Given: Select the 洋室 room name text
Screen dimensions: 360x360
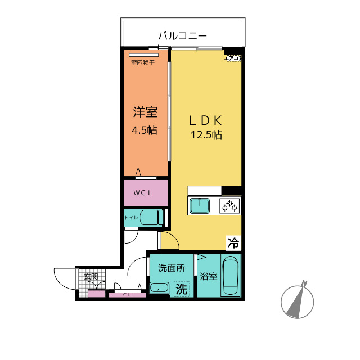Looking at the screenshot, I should (x=145, y=112).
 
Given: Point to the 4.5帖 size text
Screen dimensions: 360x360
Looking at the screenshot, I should (x=144, y=130).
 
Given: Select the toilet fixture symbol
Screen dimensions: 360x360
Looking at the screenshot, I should (x=150, y=217).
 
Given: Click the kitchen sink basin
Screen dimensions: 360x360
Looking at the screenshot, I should (x=200, y=206).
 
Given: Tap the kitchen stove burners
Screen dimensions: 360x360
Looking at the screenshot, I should (x=231, y=206).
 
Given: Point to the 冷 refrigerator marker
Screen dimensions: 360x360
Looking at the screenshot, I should (x=233, y=243).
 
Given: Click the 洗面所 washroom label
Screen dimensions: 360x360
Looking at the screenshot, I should (x=171, y=268).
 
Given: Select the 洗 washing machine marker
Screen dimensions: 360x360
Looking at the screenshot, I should (x=181, y=289).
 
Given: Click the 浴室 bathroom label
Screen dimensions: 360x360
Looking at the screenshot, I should (x=209, y=277).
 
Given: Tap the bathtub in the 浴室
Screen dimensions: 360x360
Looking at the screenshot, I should (x=231, y=275).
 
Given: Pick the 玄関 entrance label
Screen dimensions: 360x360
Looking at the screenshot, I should (x=91, y=276).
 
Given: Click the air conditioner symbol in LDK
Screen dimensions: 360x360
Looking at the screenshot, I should (x=233, y=57).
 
